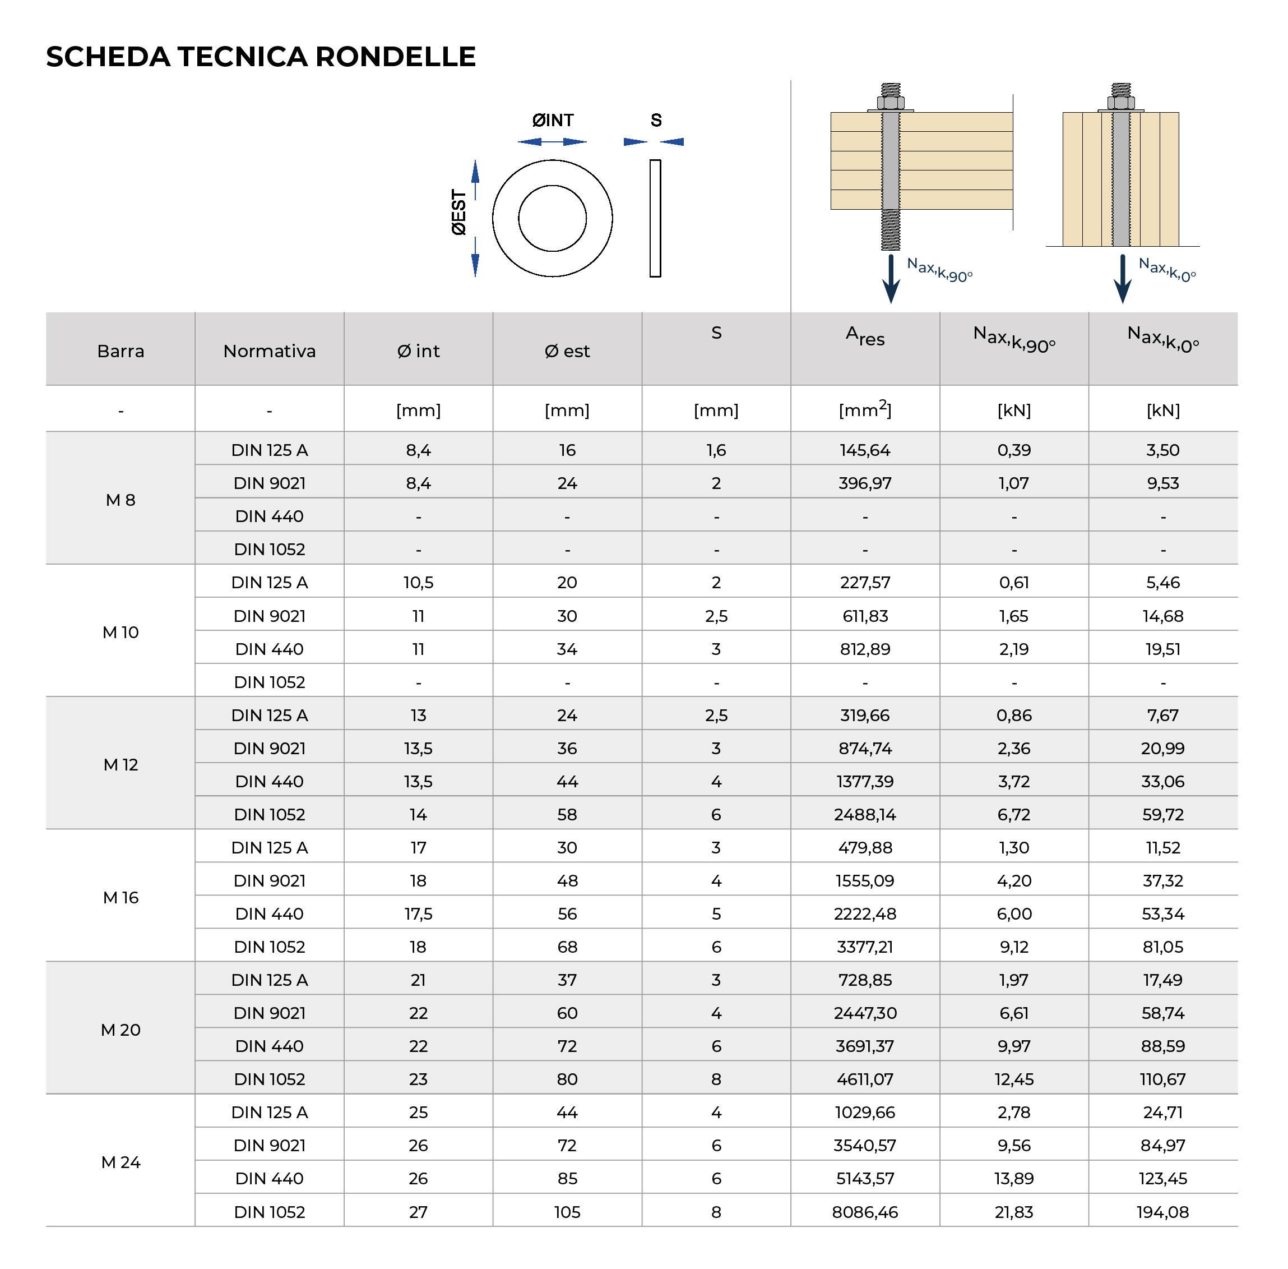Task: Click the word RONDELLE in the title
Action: coord(395,57)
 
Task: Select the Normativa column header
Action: coord(269,350)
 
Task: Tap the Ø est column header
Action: coord(567,350)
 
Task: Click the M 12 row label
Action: coord(121,764)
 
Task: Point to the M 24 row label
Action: coord(121,1162)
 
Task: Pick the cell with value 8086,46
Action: coord(865,1212)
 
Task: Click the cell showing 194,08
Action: coord(1163,1212)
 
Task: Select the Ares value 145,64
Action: coord(865,450)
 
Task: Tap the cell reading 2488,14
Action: coord(865,814)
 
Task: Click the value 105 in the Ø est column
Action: coord(567,1212)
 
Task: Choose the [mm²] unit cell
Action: coord(865,410)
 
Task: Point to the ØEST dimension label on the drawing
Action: coord(458,213)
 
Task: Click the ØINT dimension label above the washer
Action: coord(553,120)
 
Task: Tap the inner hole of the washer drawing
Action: coord(553,218)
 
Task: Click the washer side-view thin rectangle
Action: coord(655,218)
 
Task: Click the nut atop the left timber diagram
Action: coord(891,103)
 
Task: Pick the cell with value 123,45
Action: coord(1163,1178)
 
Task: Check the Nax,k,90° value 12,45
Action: coord(1013,1079)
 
